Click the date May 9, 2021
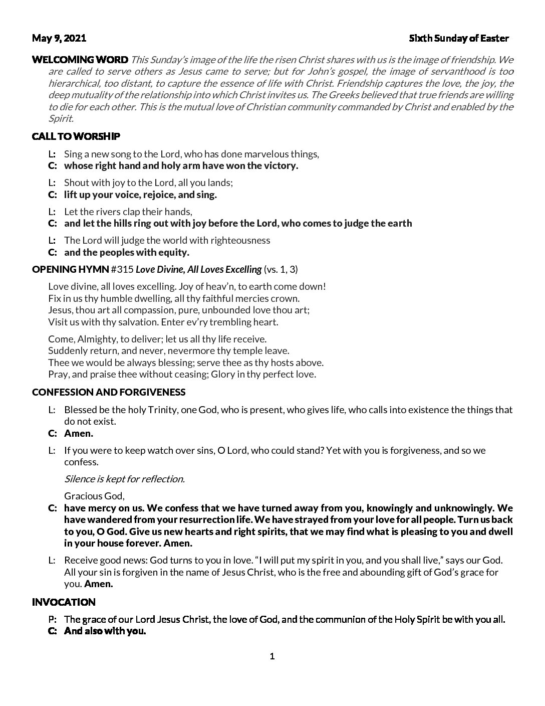59,38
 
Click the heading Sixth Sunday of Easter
459,38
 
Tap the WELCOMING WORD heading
80,60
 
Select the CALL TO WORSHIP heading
76,136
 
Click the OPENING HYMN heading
70,269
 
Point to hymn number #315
122,269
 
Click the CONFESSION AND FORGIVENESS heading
109,392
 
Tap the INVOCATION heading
64,602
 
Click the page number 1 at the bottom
272,656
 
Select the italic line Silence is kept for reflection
124,479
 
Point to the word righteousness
241,240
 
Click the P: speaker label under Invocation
52,619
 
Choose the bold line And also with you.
105,631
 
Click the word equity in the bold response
173,252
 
